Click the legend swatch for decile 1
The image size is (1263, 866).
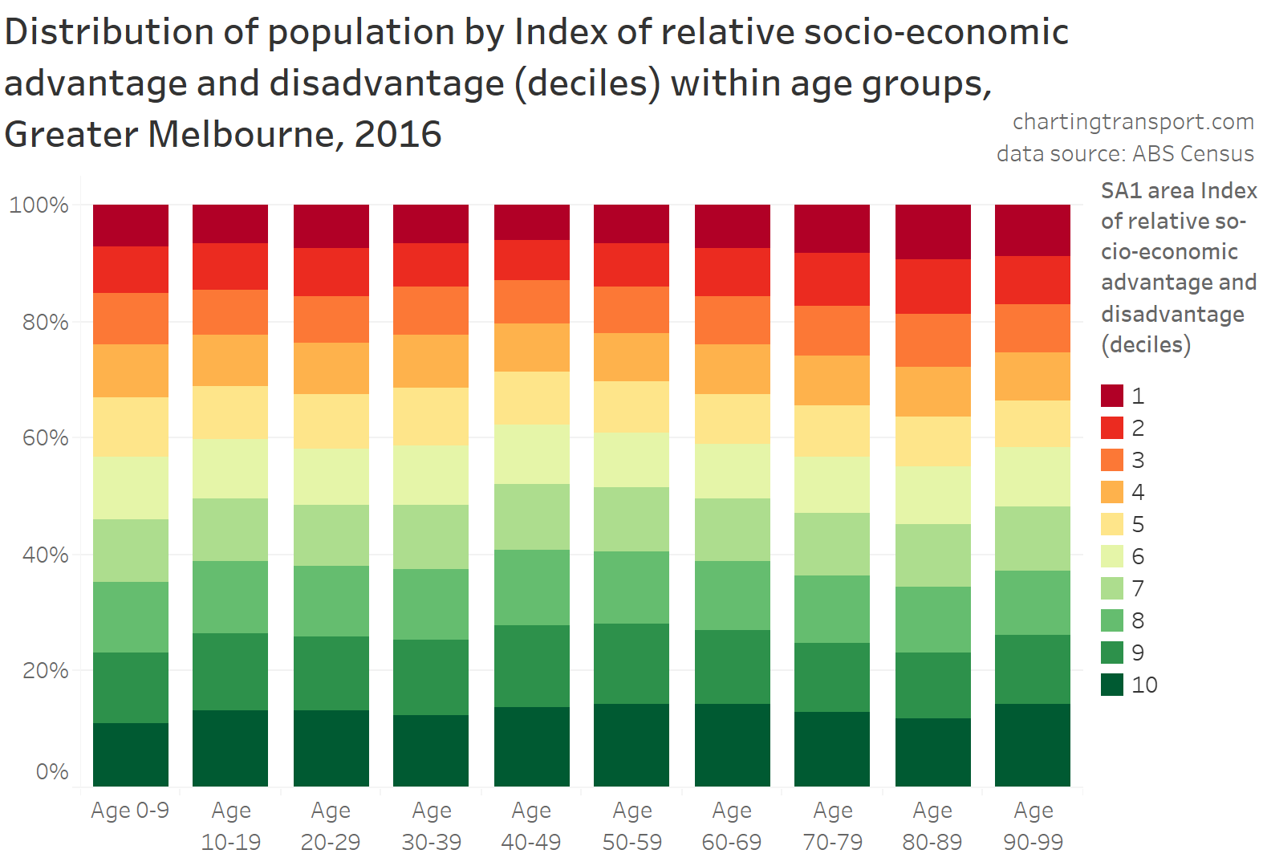point(1111,396)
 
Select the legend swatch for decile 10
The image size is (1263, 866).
point(1111,685)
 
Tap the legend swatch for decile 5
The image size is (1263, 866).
point(1111,524)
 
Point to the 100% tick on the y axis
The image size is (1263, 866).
point(39,205)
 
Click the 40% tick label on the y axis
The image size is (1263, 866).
point(45,555)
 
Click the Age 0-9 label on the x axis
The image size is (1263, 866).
point(130,811)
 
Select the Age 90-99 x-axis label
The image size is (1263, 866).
point(1033,826)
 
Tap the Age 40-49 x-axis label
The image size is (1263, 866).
point(531,826)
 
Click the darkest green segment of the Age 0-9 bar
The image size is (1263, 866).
point(131,754)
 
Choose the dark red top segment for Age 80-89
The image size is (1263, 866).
point(932,232)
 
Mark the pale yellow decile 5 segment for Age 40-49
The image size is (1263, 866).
point(531,398)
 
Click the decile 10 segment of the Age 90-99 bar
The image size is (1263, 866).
point(1033,745)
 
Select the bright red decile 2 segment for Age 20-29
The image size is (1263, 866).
point(331,272)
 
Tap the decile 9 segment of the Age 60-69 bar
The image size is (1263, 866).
point(732,667)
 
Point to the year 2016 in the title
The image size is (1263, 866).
point(398,134)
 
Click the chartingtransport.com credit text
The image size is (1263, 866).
point(1133,121)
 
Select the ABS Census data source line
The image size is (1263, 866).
point(1125,153)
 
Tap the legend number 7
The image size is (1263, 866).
point(1138,588)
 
